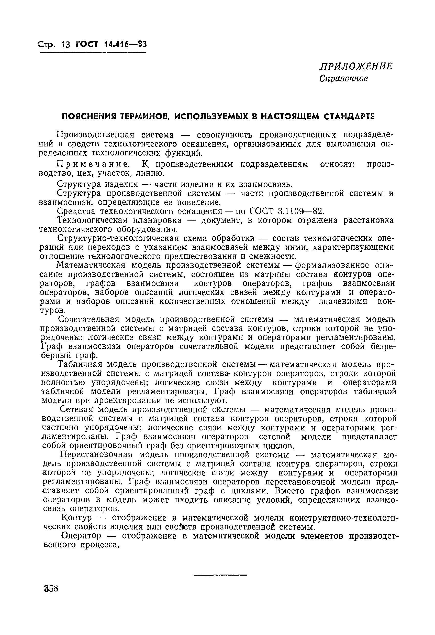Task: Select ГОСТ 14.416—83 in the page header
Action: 111,44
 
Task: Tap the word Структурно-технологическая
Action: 118,238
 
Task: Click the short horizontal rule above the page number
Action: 220,575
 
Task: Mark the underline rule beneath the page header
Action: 93,52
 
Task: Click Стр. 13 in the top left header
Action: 54,44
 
